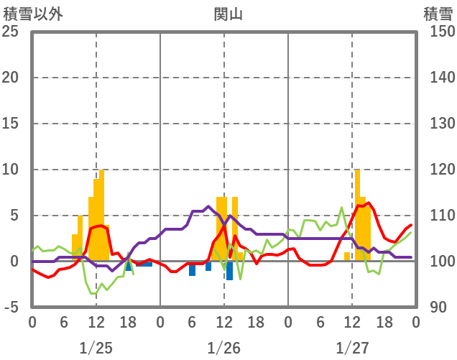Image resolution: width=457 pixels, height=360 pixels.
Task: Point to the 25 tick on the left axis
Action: [11, 32]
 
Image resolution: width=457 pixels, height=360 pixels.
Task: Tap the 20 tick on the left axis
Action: [11, 78]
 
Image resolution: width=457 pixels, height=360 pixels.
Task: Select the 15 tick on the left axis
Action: [11, 124]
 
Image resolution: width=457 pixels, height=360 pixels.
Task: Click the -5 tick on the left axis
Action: [12, 308]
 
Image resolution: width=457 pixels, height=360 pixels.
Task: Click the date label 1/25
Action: [96, 348]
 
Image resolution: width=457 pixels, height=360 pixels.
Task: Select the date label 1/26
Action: [223, 348]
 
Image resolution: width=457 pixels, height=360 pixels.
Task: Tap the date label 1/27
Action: [351, 348]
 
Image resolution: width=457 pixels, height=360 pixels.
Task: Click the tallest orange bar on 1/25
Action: [101, 216]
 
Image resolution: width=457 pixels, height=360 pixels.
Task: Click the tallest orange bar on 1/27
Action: [357, 216]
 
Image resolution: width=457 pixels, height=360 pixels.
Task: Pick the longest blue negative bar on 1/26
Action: [229, 270]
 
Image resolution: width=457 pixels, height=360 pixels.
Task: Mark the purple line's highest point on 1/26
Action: [208, 206]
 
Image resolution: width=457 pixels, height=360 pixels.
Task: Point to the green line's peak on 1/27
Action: [342, 208]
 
